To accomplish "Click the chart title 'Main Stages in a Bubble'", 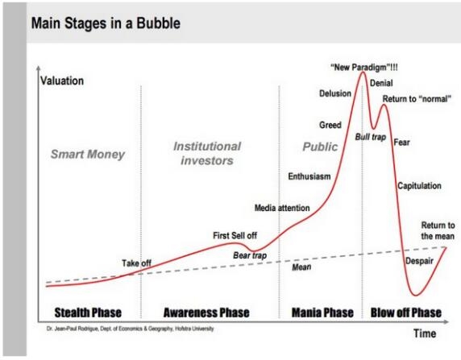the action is (x=106, y=23).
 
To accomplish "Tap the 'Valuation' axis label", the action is (x=62, y=81).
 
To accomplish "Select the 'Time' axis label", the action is (x=425, y=333).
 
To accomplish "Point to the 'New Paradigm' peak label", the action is (x=364, y=68).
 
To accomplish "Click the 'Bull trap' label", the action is (x=371, y=137).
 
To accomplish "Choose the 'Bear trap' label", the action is (x=250, y=255).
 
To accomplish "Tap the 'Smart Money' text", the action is (x=88, y=155).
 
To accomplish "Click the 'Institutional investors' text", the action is (x=207, y=153).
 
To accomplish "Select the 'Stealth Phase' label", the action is (x=88, y=312).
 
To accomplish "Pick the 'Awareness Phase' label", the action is (x=206, y=312).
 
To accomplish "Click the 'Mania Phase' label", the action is (x=322, y=312).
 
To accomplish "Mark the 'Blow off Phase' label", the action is (x=406, y=312).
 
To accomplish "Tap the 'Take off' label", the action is (x=136, y=263).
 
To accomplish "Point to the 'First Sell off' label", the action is (x=235, y=235).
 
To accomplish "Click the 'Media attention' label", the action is (x=282, y=208).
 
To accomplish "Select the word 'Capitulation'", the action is (x=420, y=186).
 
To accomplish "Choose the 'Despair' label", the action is (x=420, y=261).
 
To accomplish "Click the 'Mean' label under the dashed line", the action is (x=301, y=267).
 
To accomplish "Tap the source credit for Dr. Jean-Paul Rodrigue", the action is (x=131, y=329).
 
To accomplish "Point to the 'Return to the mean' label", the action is (x=438, y=230).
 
